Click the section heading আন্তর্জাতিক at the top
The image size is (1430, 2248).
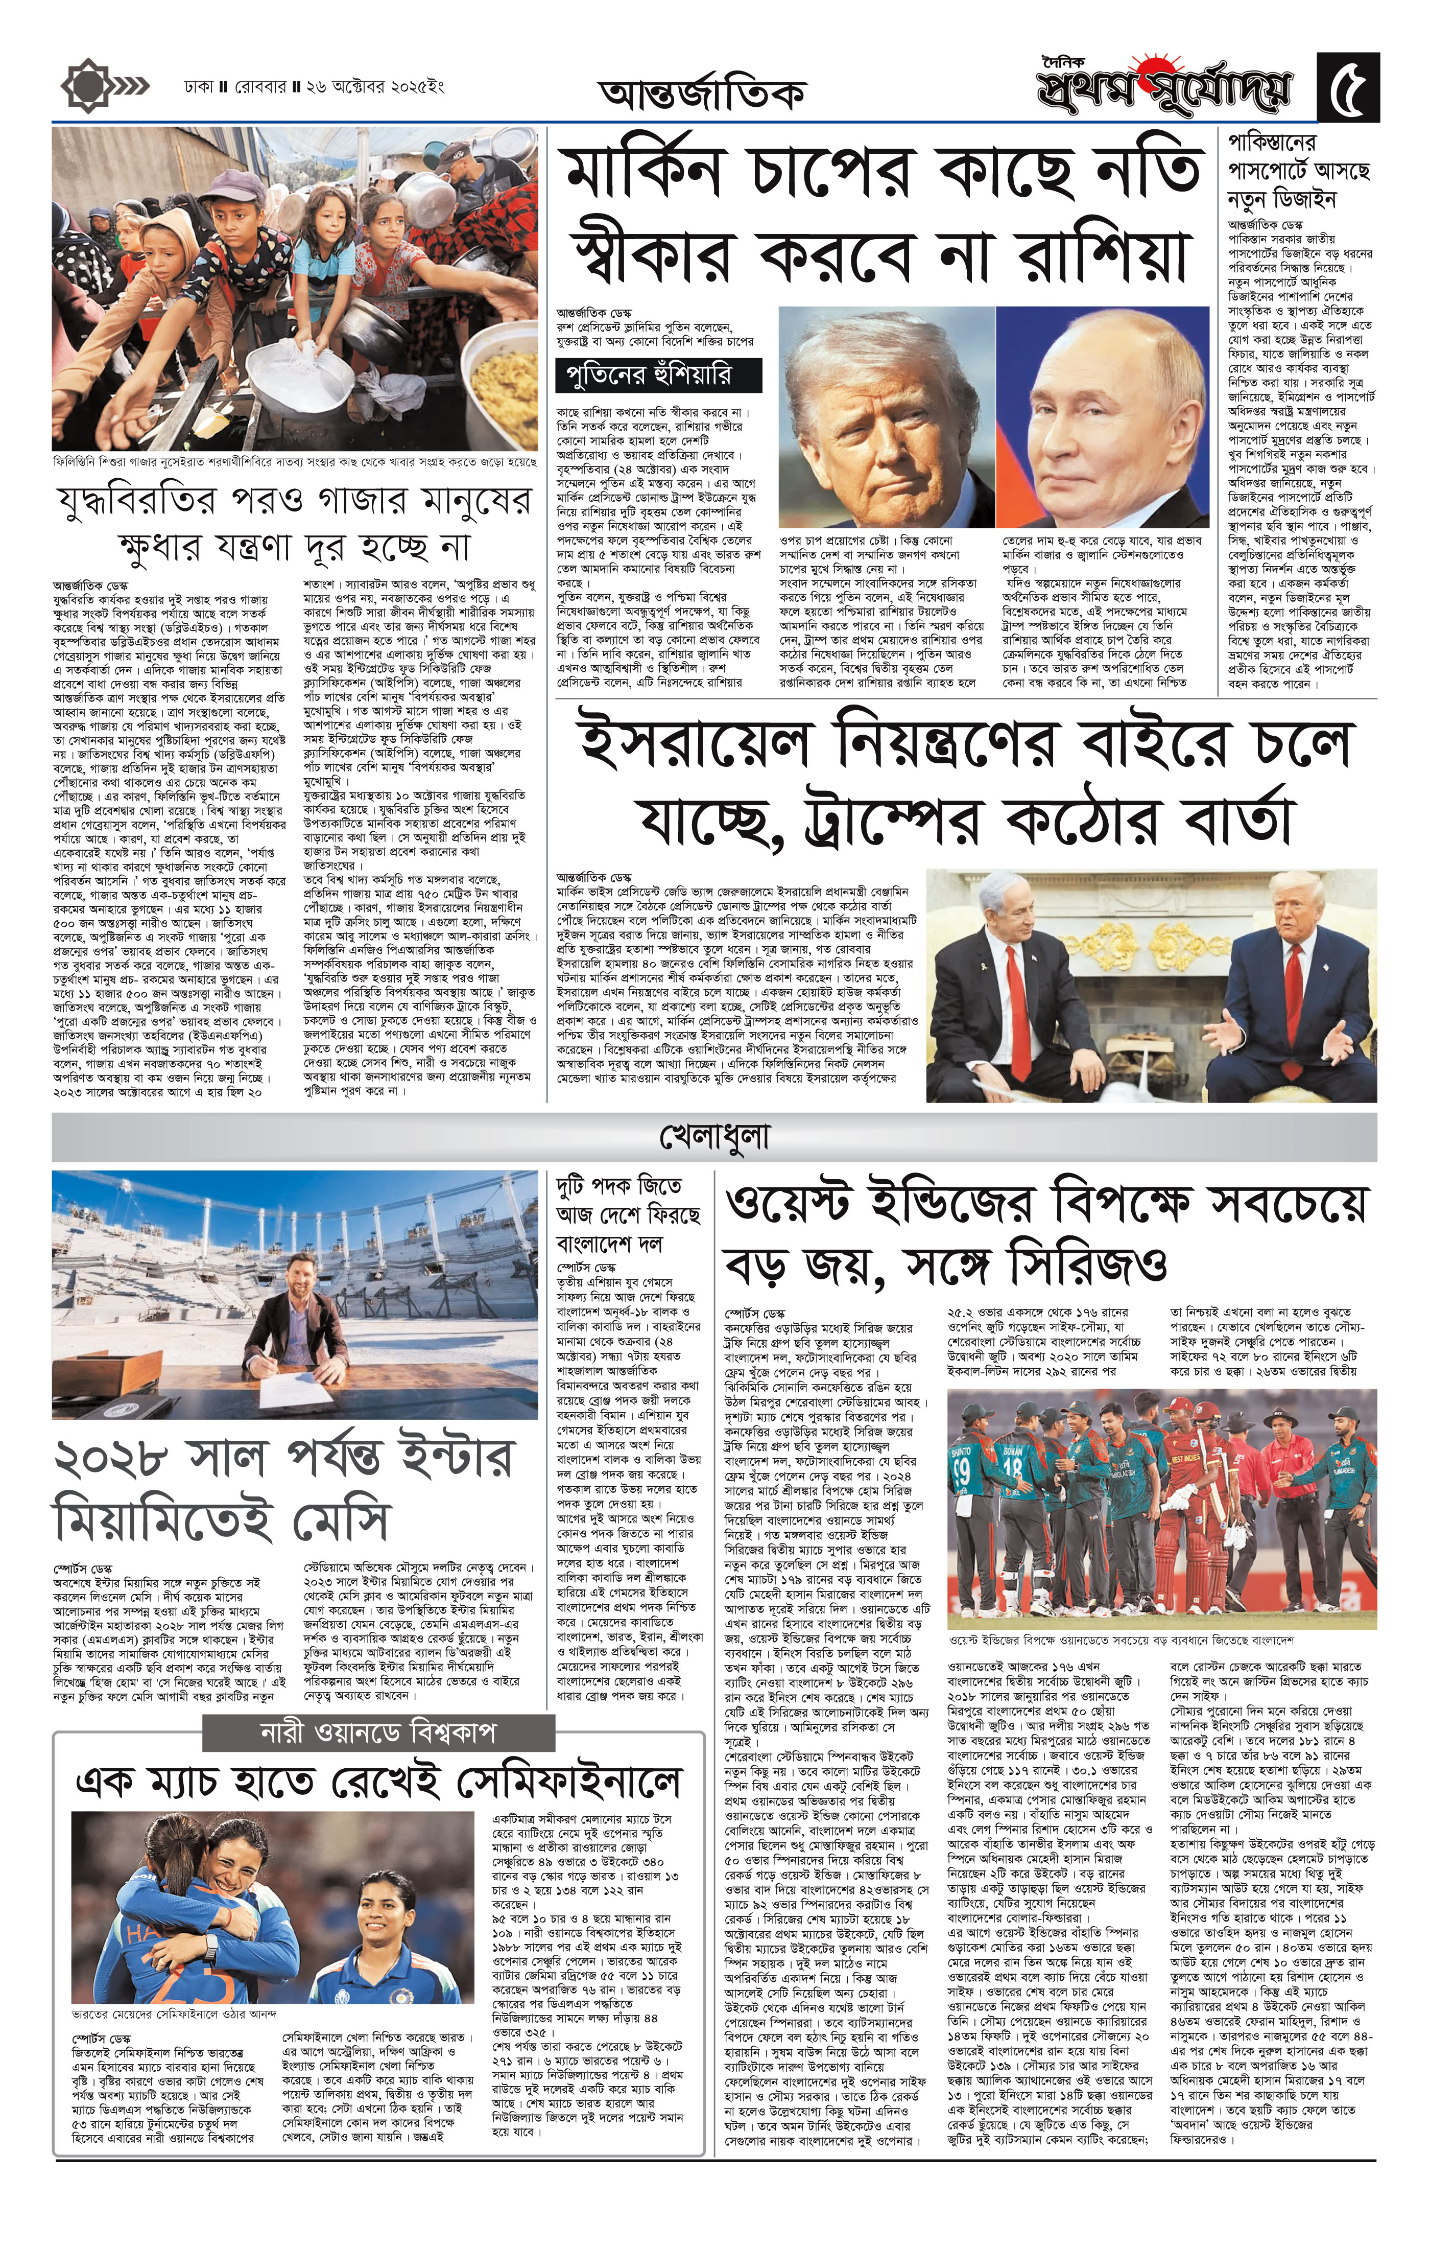702,93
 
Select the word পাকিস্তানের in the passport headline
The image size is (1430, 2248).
1271,145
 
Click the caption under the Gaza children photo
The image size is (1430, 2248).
295,461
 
